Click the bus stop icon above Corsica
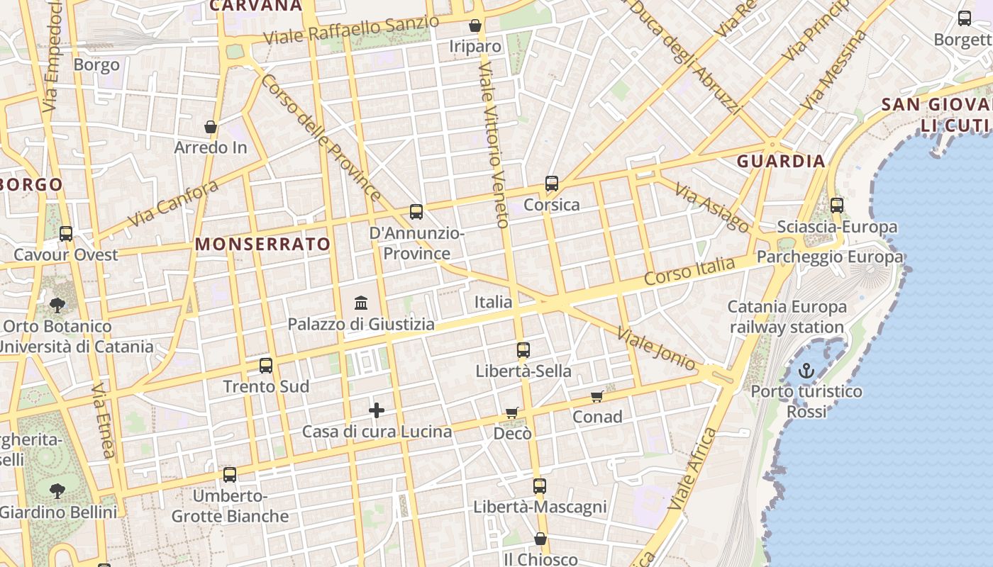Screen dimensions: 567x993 point(552,184)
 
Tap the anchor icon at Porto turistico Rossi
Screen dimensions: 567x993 point(806,370)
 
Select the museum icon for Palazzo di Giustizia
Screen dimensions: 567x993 point(361,303)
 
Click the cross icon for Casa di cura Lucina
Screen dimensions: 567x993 point(377,410)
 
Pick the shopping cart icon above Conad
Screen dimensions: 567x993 point(597,396)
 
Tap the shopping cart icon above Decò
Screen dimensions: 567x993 point(512,412)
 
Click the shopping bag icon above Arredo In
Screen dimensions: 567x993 point(211,127)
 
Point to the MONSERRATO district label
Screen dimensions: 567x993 point(262,245)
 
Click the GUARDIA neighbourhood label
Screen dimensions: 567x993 point(781,161)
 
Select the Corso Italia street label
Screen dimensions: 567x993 point(689,271)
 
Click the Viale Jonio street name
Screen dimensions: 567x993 point(657,348)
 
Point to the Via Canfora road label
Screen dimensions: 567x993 point(173,203)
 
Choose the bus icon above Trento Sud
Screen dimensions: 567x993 point(266,366)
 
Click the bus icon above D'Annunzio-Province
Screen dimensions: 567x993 point(416,212)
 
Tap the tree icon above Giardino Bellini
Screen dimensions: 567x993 point(57,490)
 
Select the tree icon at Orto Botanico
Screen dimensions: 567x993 point(57,305)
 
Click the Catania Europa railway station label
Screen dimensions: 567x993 point(787,317)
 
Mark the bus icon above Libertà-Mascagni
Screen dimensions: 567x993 point(540,486)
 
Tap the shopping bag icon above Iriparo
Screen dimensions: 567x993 point(475,26)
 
